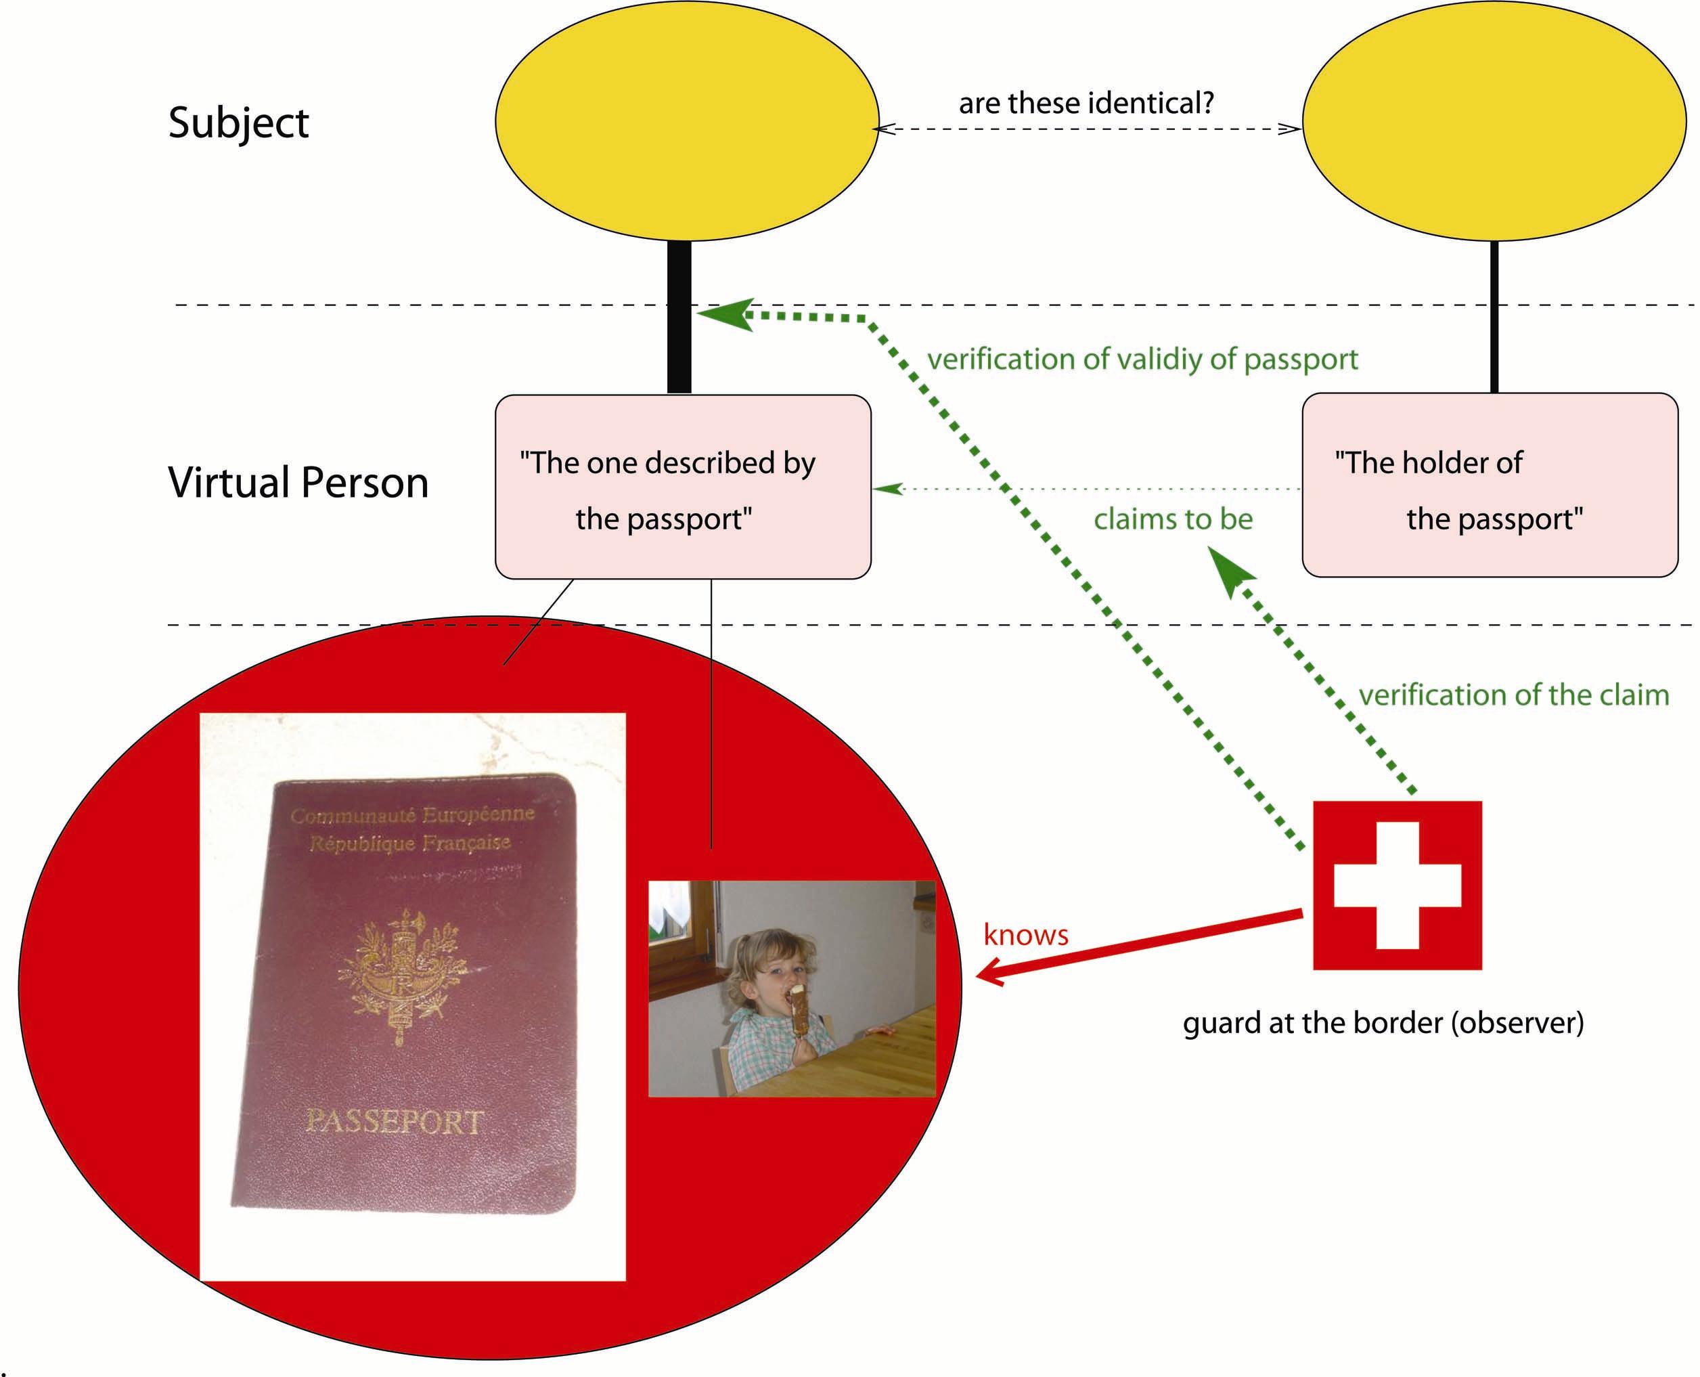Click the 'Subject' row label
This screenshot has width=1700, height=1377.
click(238, 124)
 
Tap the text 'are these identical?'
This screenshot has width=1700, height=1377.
click(1086, 103)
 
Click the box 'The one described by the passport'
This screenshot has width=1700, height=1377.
click(683, 487)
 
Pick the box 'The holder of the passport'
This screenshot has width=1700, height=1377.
click(1490, 485)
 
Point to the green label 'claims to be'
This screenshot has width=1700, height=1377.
click(1173, 519)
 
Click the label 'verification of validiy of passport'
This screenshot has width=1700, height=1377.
click(1142, 359)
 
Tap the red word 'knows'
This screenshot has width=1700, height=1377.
click(1025, 934)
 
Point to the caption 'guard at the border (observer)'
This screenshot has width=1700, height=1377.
click(1383, 1022)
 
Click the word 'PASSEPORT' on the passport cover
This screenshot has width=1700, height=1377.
click(394, 1121)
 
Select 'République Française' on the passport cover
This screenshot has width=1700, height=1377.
click(409, 842)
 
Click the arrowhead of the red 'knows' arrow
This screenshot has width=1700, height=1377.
click(988, 972)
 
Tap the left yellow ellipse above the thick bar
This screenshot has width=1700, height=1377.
click(687, 121)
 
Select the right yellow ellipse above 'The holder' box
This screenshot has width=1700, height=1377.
click(1494, 121)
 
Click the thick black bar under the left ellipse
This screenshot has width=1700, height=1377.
click(679, 318)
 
